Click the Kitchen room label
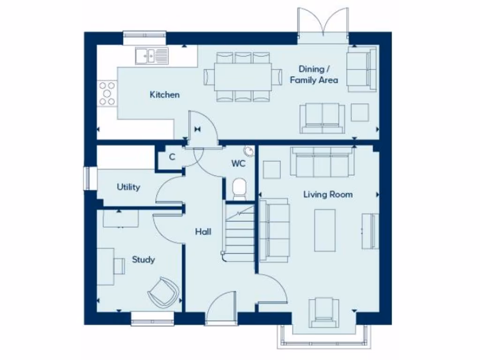[x=165, y=95]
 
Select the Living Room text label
[x=328, y=194]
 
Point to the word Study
[x=143, y=259]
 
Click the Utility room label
[x=128, y=187]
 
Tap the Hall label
[x=203, y=232]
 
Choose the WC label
[x=238, y=164]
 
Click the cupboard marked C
[x=172, y=157]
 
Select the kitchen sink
[x=151, y=56]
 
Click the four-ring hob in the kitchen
[x=107, y=93]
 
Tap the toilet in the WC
[x=240, y=188]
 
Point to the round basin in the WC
[x=248, y=150]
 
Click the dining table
[x=243, y=77]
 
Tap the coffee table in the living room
[x=325, y=230]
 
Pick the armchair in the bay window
[x=323, y=312]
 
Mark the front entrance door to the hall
[x=221, y=309]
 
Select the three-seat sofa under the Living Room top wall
[x=322, y=162]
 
